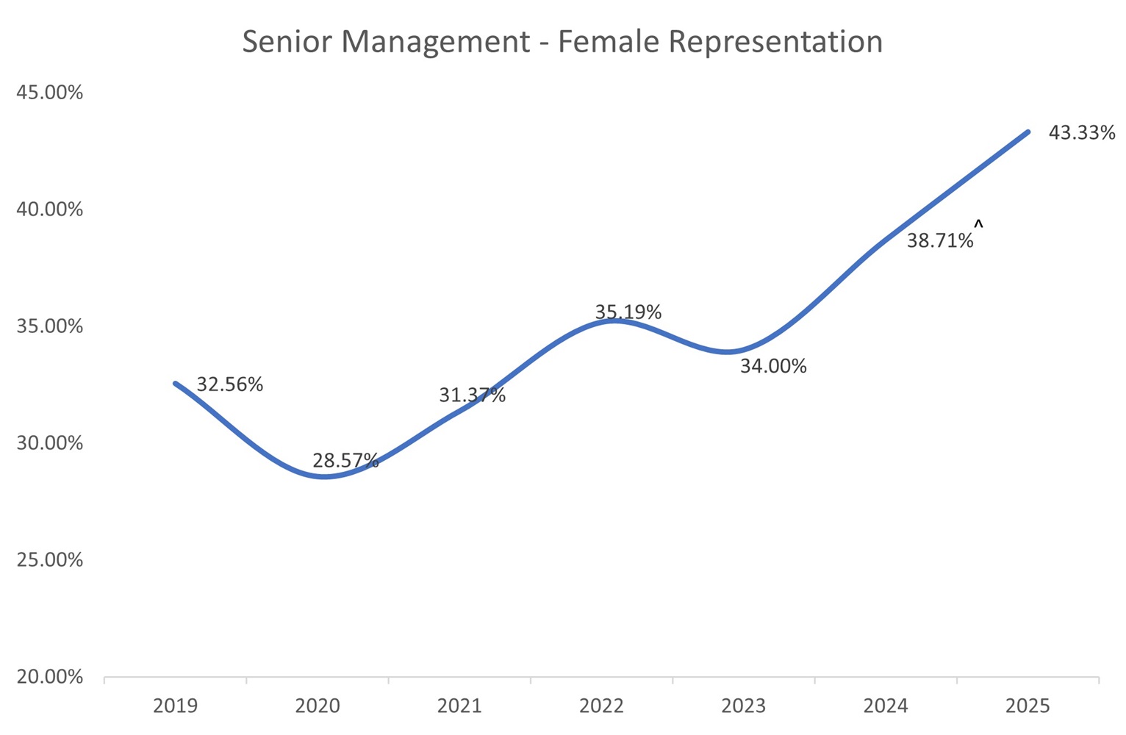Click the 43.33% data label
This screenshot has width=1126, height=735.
(x=1081, y=133)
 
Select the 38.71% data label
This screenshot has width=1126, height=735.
(x=939, y=240)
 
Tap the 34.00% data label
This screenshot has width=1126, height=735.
(x=772, y=366)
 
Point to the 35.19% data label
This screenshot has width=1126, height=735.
(x=628, y=312)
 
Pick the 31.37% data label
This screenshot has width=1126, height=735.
(x=472, y=395)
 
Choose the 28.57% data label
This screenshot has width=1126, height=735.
(x=345, y=461)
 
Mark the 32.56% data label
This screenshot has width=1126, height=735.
(x=229, y=384)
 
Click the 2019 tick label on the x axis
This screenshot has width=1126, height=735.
(x=175, y=706)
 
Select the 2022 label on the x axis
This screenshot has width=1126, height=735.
(x=601, y=706)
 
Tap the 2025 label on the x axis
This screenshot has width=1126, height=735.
(x=1028, y=706)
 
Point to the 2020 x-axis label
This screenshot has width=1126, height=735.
(x=318, y=706)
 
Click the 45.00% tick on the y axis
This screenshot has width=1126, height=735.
(x=50, y=93)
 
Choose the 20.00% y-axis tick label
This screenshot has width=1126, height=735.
(x=50, y=677)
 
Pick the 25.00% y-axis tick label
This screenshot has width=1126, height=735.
(x=50, y=560)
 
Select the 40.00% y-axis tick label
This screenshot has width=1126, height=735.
(x=50, y=209)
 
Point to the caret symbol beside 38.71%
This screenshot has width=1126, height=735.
(x=978, y=223)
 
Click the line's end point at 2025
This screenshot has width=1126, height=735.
(x=1028, y=132)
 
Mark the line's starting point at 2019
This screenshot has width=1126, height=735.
(x=175, y=383)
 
